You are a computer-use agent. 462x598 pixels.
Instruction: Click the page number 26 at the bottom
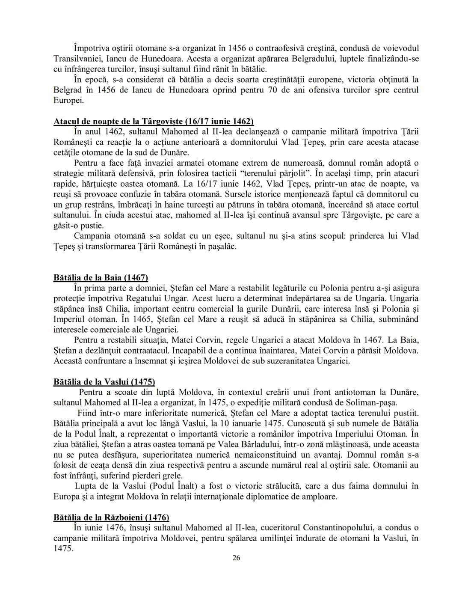tap(236, 558)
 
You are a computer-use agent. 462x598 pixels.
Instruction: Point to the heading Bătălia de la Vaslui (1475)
tap(104, 382)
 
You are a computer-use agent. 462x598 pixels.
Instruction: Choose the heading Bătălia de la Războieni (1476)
tap(111, 517)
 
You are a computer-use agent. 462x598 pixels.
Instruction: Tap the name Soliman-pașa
tap(371, 403)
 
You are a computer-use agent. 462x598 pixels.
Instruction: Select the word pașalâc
tap(219, 247)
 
